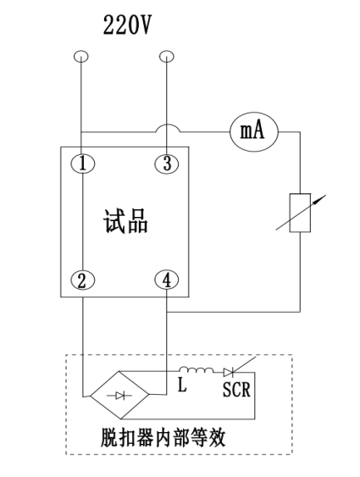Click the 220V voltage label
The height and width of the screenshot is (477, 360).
[x=127, y=25]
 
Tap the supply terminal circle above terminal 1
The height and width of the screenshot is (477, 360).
[x=81, y=56]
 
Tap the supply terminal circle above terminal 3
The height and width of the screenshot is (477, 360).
[x=167, y=56]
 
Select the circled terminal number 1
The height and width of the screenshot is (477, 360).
[x=83, y=164]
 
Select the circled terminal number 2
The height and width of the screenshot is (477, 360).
[x=83, y=280]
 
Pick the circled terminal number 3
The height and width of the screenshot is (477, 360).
[x=167, y=164]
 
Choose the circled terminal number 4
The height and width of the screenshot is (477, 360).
[x=167, y=280]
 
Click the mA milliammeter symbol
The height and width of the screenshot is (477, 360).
[x=254, y=131]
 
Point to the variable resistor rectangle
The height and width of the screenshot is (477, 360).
[x=300, y=213]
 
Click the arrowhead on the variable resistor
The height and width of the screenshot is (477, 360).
[x=322, y=198]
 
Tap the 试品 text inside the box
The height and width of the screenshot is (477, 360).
[x=125, y=221]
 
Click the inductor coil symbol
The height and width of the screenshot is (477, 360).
[x=197, y=369]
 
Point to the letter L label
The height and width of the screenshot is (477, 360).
[x=182, y=385]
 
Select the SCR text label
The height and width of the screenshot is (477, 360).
[x=236, y=389]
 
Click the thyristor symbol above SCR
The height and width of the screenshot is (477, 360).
[x=229, y=372]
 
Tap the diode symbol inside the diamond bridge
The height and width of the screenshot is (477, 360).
[x=119, y=396]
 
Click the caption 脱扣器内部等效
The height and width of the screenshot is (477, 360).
[x=163, y=438]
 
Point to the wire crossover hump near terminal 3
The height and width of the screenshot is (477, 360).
[x=168, y=129]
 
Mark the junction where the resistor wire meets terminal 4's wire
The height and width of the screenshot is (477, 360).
[x=167, y=312]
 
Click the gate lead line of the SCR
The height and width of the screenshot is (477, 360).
[x=244, y=364]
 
